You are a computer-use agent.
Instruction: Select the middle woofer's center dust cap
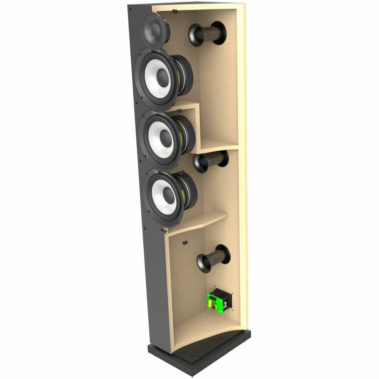click(x=166, y=138)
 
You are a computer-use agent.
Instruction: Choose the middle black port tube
click(x=211, y=161)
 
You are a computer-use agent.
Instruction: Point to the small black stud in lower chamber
click(x=185, y=243)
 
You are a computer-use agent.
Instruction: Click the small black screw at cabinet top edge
click(x=174, y=11)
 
